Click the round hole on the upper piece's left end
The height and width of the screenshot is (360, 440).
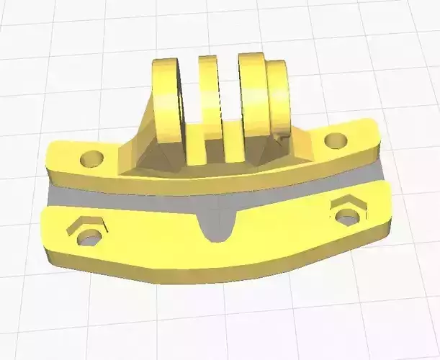point(92,157)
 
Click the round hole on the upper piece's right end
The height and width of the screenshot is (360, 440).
point(333,140)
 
